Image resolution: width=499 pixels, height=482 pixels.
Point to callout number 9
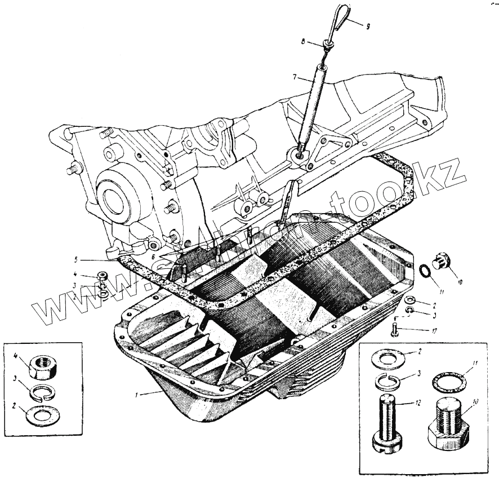pyautogui.click(x=368, y=26)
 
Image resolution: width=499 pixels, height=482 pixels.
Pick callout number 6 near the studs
pyautogui.click(x=153, y=255)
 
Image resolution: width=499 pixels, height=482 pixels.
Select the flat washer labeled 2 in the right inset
pyautogui.click(x=388, y=358)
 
